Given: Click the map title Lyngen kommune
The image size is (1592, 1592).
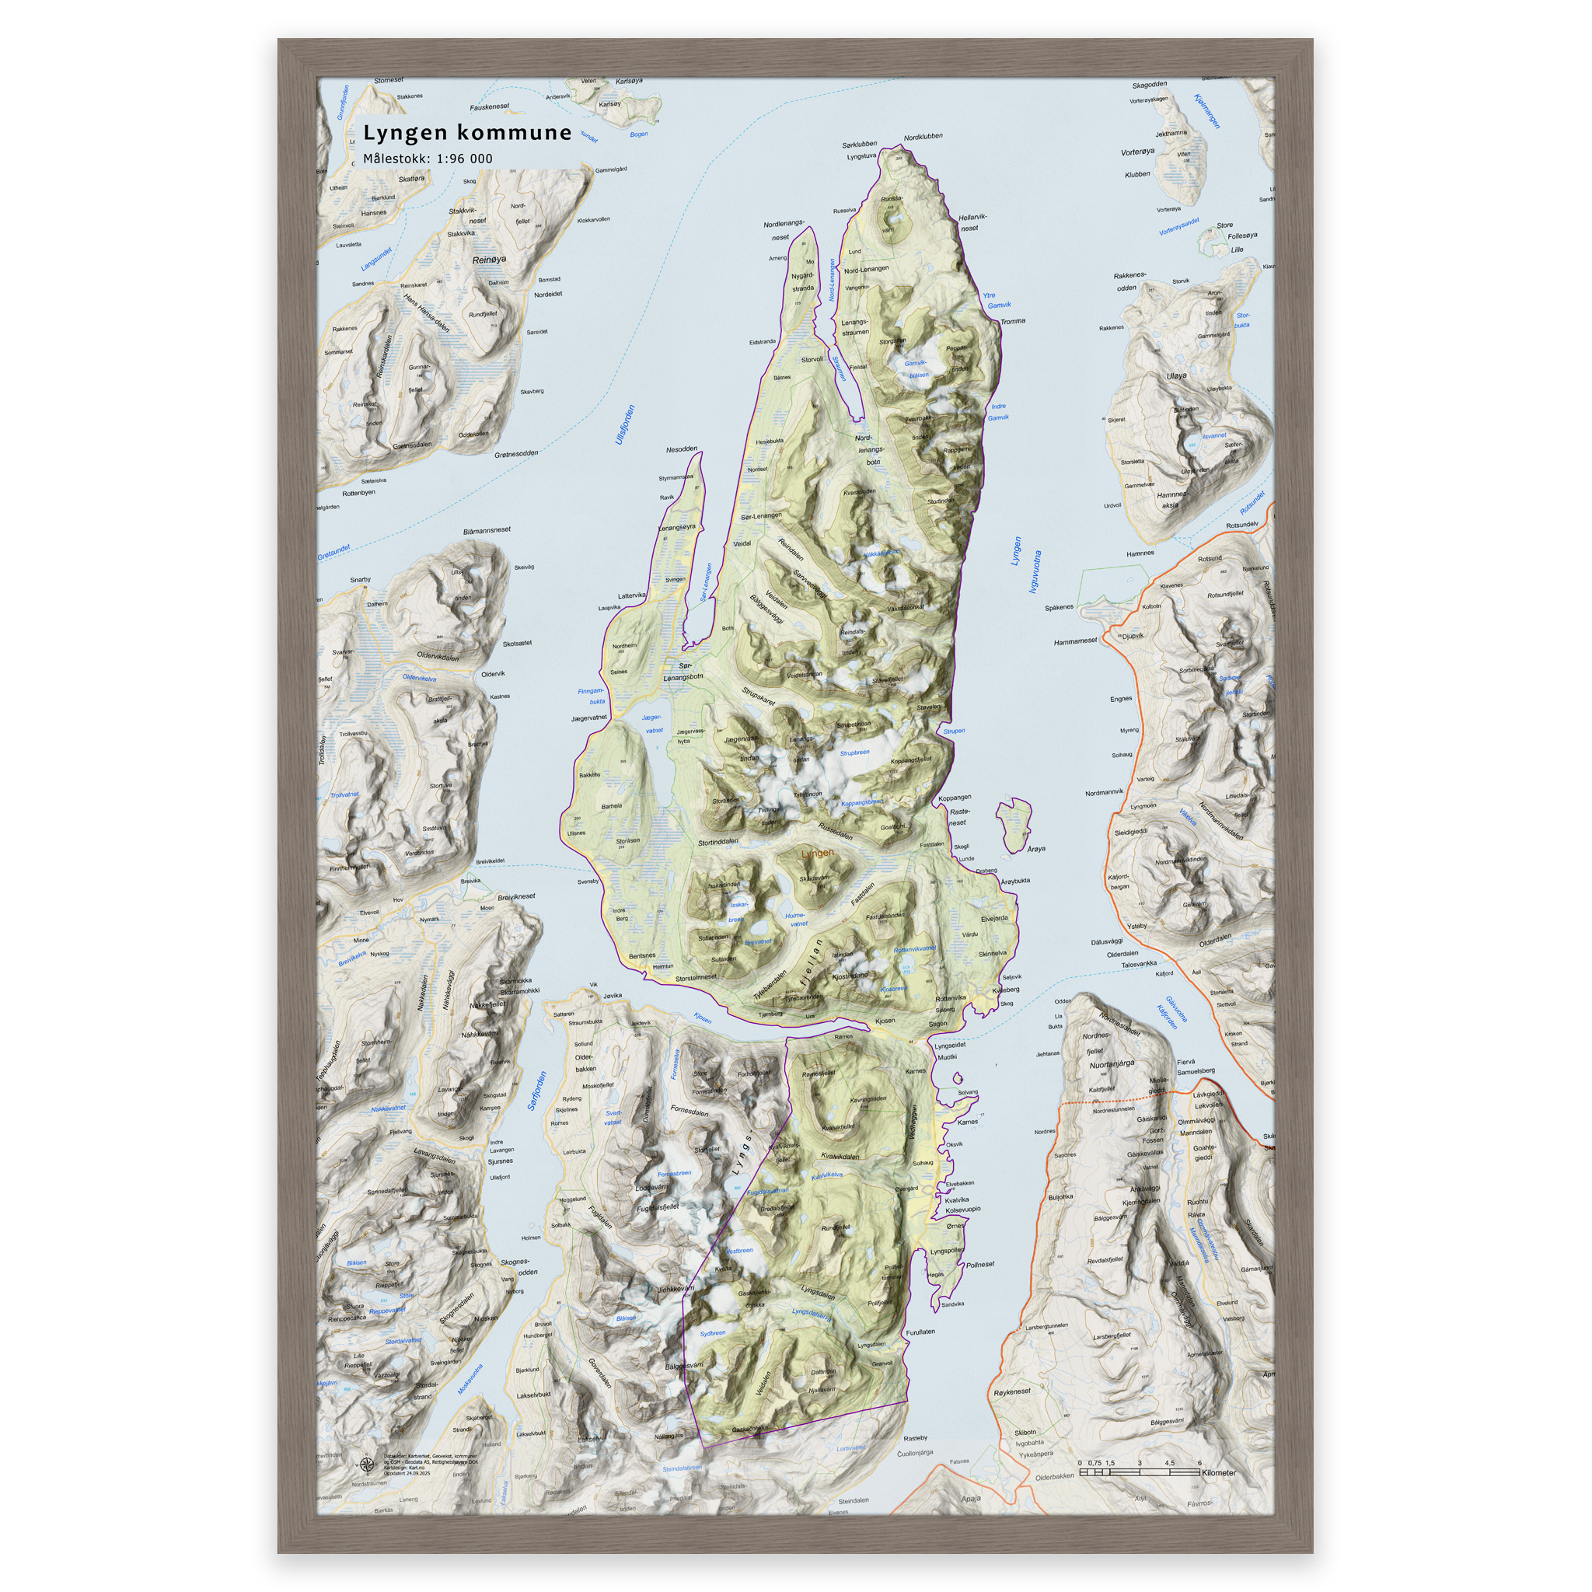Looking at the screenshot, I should [467, 133].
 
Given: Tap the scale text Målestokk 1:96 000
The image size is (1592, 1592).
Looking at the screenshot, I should [428, 159].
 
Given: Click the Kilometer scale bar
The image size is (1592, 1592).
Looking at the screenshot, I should [1139, 1472].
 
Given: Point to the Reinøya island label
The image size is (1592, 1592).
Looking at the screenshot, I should [490, 260].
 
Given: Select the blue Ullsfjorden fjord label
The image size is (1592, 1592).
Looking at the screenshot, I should [626, 424].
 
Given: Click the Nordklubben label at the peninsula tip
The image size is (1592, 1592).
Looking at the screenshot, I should [923, 137].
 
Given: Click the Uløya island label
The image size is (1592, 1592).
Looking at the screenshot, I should [1177, 375].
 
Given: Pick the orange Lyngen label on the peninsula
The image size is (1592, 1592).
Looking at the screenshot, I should [818, 853].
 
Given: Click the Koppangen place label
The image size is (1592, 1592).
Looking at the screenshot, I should [955, 798].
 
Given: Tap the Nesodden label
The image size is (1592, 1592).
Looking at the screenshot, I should [682, 450].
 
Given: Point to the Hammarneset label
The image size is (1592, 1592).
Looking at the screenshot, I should [1075, 641].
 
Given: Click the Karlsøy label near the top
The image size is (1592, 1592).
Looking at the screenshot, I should [609, 105].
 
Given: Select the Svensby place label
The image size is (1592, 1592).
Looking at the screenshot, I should [588, 882].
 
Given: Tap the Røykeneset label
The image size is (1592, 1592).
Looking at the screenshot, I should [1012, 1391].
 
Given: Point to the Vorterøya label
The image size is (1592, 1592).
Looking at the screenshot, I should [1138, 152].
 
